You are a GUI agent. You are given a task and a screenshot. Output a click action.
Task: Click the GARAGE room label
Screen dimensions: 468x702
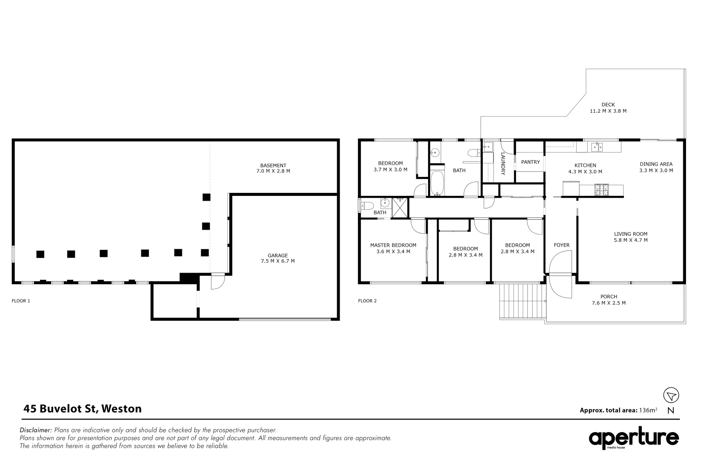pos(277,255)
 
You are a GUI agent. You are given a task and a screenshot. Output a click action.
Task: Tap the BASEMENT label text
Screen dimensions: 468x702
pos(273,165)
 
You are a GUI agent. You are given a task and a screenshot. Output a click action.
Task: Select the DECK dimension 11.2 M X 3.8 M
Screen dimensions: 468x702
pos(608,111)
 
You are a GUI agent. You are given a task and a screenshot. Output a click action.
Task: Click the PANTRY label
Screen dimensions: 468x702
pos(530,162)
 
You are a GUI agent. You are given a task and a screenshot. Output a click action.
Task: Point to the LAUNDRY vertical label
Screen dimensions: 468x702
pos(504,164)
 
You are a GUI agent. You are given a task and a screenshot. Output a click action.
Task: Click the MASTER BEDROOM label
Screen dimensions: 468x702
pos(393,245)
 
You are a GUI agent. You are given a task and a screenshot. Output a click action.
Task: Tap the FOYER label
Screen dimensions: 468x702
pos(562,245)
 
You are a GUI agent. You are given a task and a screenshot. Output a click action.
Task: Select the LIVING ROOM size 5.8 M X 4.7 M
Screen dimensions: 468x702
pos(630,240)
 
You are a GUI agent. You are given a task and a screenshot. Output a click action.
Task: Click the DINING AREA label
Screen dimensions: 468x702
pos(656,164)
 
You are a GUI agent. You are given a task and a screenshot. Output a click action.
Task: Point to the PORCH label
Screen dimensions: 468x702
pos(608,297)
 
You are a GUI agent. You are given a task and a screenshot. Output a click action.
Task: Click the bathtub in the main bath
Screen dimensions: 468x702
pos(436,184)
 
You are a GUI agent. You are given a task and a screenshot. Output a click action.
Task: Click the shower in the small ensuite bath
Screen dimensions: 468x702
pos(400,207)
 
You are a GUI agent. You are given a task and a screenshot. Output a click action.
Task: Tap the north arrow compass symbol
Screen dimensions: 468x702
pos(671,395)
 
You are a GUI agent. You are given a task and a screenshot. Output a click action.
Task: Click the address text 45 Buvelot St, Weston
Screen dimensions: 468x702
pos(82,409)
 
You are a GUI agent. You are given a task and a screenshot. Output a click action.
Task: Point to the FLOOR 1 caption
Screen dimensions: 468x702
pos(21,301)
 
